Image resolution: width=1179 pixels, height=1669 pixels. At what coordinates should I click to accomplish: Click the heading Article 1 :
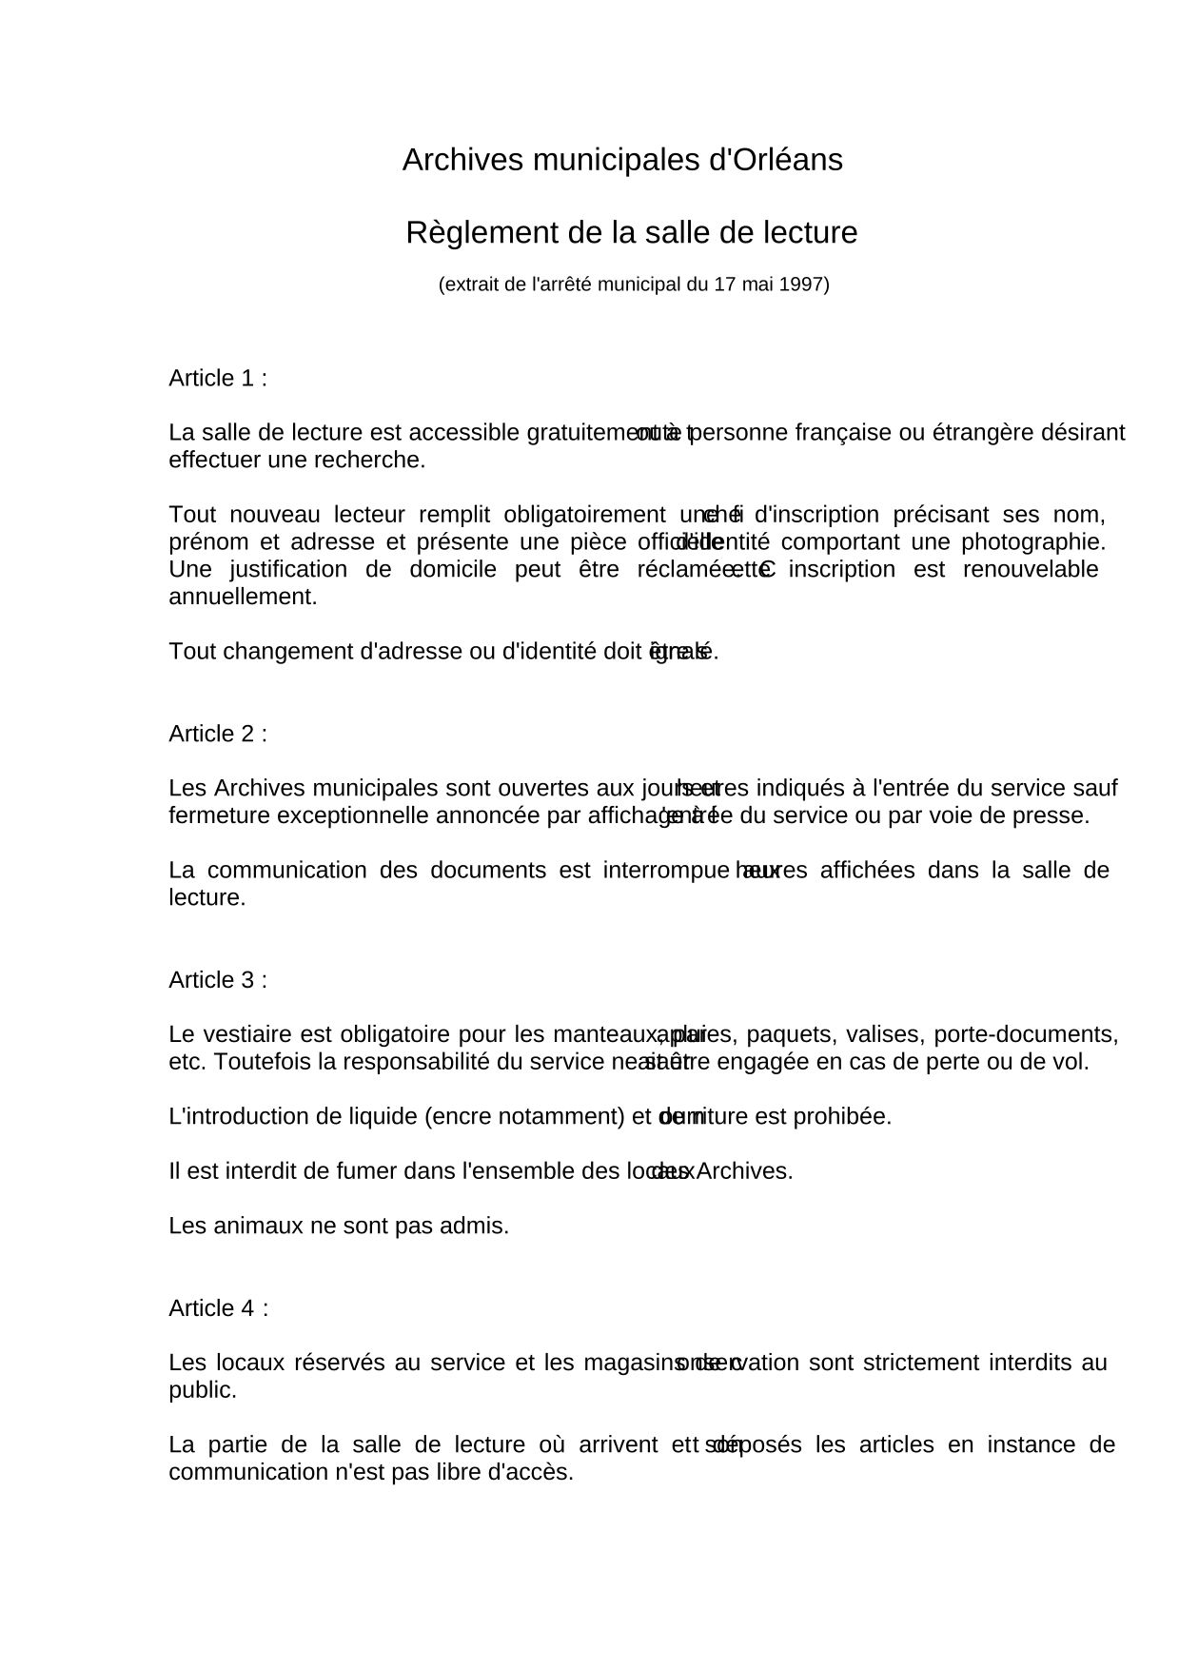[x=218, y=378]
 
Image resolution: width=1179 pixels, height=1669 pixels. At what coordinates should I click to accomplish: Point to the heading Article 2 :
[x=218, y=734]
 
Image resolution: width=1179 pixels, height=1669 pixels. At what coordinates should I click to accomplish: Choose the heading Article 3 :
[x=218, y=980]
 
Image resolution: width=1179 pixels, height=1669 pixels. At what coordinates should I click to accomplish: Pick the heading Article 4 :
[x=219, y=1308]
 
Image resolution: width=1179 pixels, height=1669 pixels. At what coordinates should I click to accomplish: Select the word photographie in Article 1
[x=1032, y=542]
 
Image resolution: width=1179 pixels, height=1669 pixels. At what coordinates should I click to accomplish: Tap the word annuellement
[x=242, y=598]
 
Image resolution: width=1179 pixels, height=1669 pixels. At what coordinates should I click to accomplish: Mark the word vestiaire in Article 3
[x=249, y=1034]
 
